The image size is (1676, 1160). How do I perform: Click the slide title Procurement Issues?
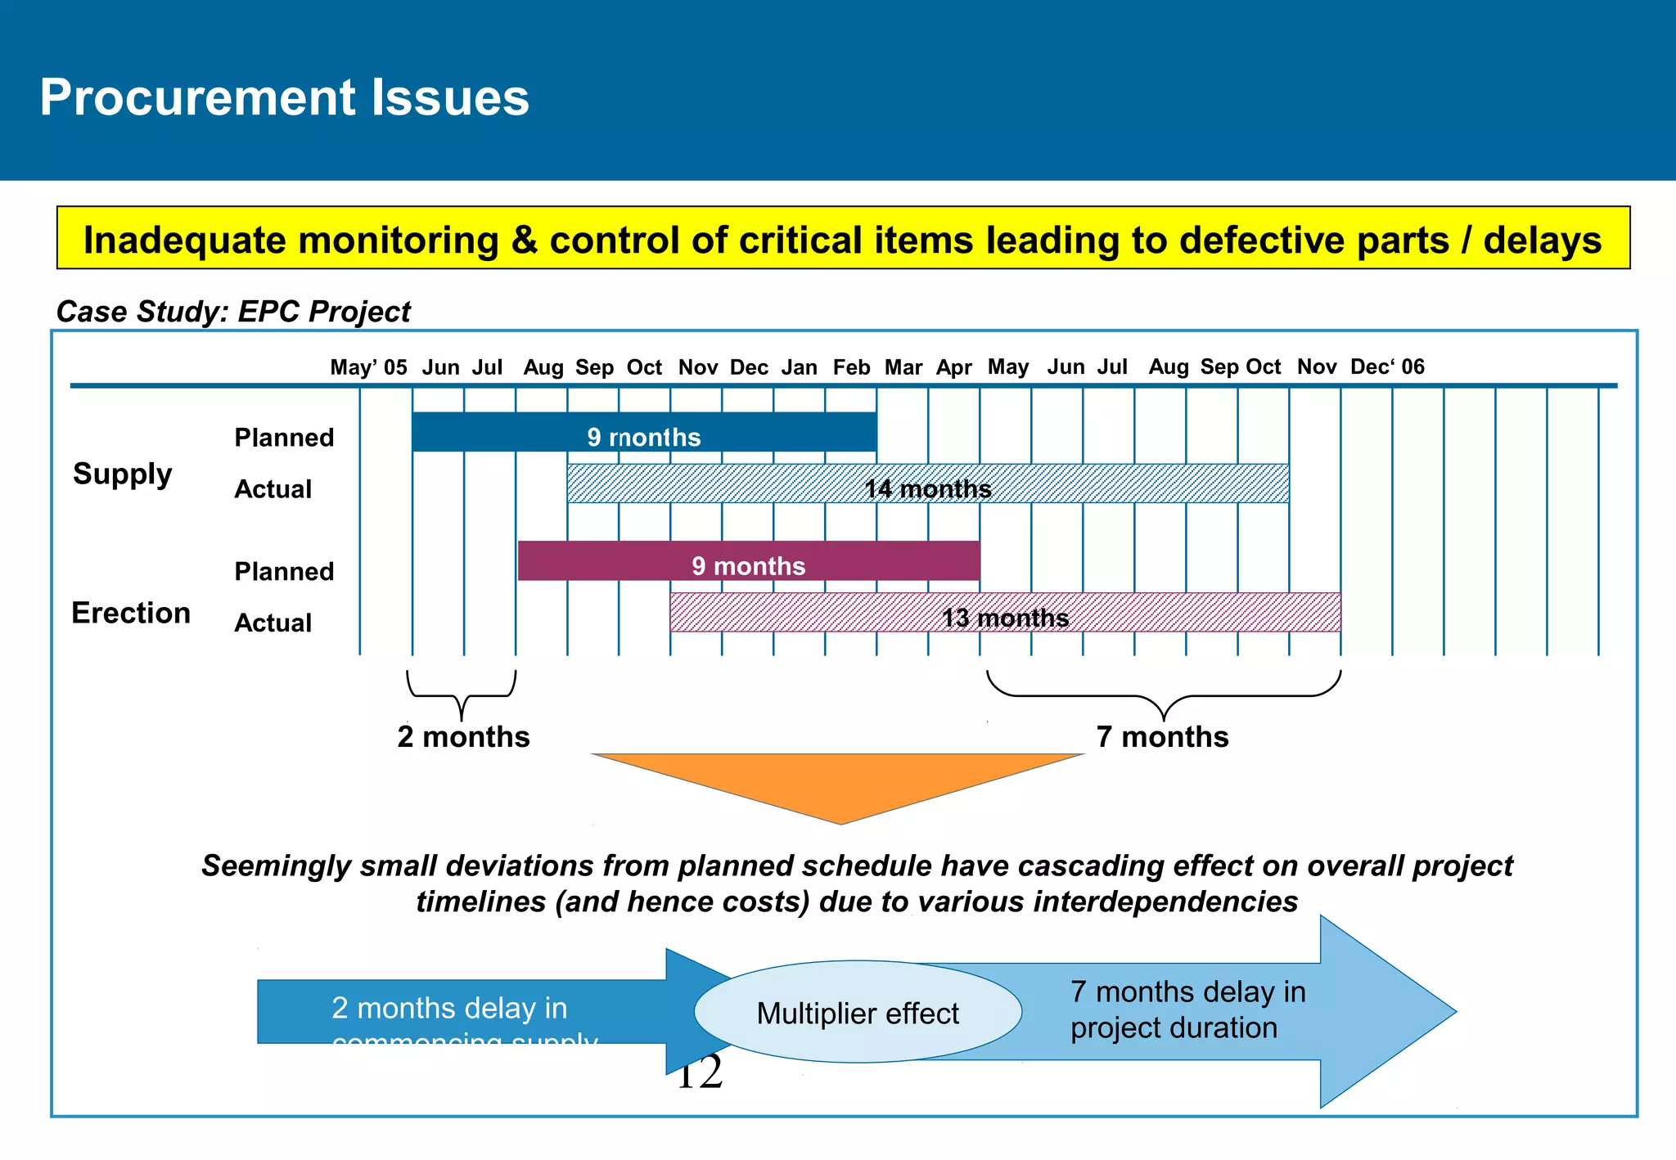[x=284, y=97]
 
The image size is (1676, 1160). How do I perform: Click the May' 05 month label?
[x=368, y=367]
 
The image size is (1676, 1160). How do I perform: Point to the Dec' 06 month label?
[x=1387, y=367]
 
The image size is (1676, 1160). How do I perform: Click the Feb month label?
[x=851, y=367]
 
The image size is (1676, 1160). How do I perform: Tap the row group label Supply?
[x=123, y=474]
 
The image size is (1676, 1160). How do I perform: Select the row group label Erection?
[x=131, y=613]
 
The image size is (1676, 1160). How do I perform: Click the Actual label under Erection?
[x=273, y=623]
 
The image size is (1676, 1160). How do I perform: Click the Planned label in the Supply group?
[x=284, y=438]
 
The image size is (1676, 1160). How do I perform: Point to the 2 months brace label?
[x=463, y=736]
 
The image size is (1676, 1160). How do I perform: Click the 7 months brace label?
[x=1162, y=736]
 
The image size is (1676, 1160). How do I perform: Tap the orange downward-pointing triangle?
[x=839, y=781]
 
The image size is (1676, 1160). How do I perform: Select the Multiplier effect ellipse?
[x=857, y=1013]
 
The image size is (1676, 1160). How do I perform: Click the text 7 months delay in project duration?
[x=1187, y=1009]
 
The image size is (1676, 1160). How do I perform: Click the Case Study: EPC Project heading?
[x=233, y=312]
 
